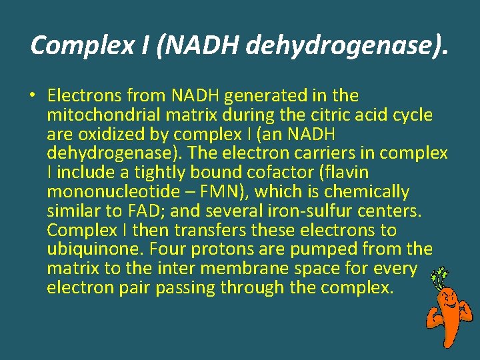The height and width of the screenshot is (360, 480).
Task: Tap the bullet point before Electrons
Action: [x=32, y=96]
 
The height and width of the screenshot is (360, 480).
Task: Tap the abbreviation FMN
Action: [x=221, y=192]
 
